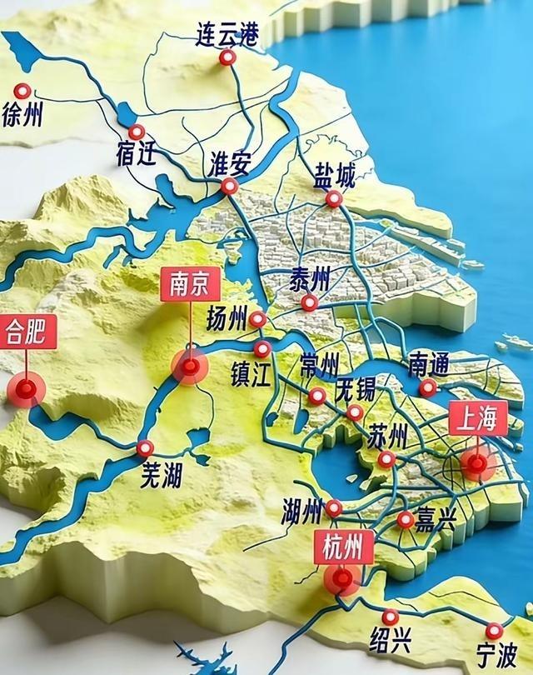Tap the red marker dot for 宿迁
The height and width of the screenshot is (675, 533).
click(x=137, y=132)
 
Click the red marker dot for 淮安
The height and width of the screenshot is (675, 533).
click(x=229, y=187)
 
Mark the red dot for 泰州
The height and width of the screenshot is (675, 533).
click(x=309, y=303)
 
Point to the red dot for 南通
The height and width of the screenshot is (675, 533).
click(x=427, y=387)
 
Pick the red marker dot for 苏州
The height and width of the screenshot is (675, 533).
click(x=386, y=459)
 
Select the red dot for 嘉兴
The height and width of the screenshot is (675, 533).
click(x=405, y=520)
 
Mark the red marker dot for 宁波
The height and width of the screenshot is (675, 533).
click(x=496, y=630)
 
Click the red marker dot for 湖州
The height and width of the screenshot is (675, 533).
click(x=334, y=507)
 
